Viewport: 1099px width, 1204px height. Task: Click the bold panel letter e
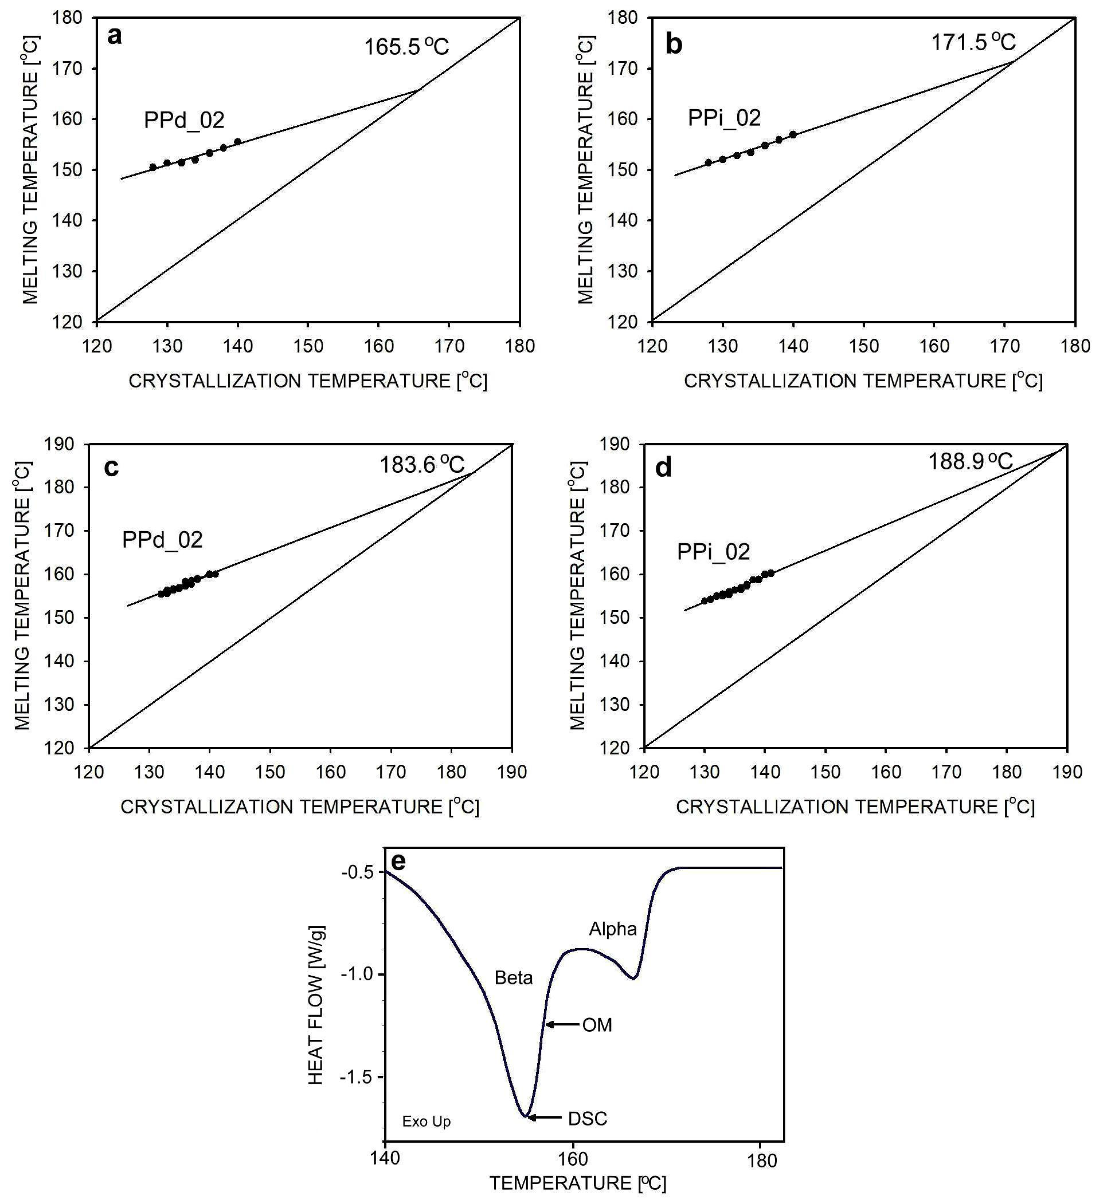397,862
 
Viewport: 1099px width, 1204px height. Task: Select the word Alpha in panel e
613,929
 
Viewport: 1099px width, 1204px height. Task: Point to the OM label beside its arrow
597,1025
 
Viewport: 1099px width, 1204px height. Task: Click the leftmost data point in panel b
708,162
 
